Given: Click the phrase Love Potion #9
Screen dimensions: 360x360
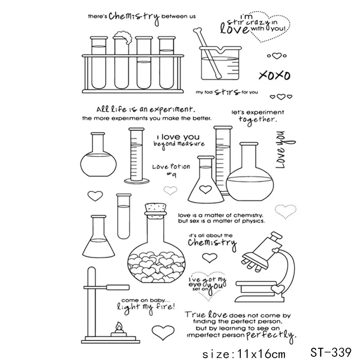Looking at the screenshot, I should [171, 170].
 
